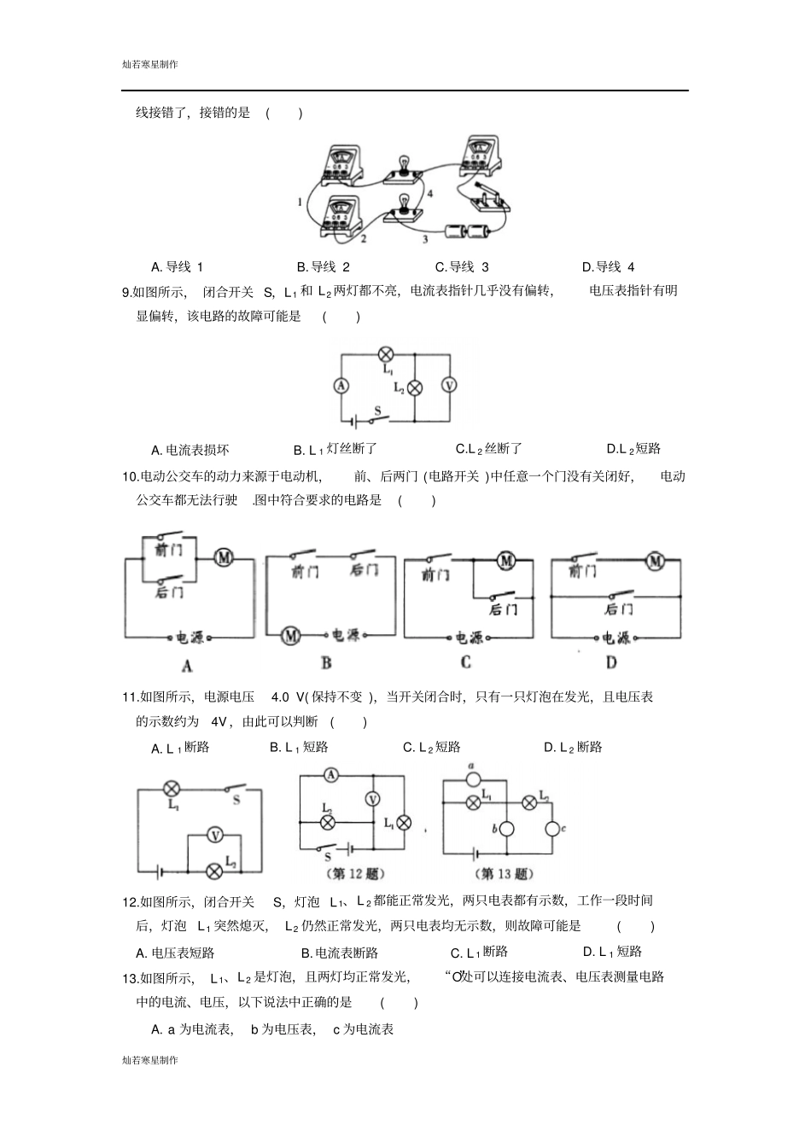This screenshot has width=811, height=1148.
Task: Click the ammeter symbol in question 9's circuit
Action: click(x=341, y=386)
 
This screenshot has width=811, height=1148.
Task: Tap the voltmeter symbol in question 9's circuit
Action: click(x=448, y=386)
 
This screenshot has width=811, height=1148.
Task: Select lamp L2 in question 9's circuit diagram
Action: click(x=415, y=388)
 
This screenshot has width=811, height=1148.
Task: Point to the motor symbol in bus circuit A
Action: click(x=224, y=557)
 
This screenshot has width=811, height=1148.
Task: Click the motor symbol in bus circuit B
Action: click(x=292, y=636)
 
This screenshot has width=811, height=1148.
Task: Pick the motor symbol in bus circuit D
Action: click(x=655, y=561)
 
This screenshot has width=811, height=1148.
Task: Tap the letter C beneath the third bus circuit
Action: click(x=465, y=661)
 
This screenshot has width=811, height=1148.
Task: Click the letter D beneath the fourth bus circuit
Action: click(x=611, y=661)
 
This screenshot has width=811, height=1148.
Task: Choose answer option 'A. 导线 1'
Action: click(x=177, y=266)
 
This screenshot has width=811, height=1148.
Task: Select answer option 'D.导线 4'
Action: click(x=608, y=266)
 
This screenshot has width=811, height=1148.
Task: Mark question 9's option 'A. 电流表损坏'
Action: click(x=190, y=450)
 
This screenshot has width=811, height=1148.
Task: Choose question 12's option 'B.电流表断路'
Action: click(x=339, y=953)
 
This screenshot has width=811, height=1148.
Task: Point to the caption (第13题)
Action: click(x=504, y=874)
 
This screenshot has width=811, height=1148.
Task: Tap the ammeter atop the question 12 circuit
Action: click(x=332, y=775)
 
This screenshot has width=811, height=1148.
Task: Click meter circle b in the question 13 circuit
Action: click(x=506, y=828)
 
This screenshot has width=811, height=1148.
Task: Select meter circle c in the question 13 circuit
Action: click(x=552, y=828)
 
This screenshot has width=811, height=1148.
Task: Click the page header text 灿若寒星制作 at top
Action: click(x=150, y=64)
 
